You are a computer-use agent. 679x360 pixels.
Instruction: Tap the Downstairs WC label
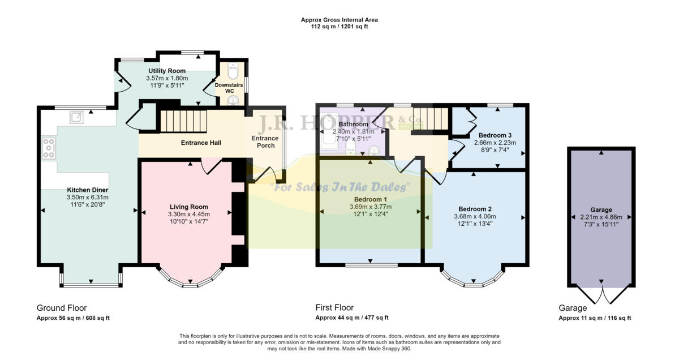click(229, 88)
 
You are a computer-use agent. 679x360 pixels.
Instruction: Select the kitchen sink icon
click(76, 117)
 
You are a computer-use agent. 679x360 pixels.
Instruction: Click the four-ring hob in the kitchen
click(49, 148)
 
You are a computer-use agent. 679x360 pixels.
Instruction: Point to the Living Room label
click(188, 207)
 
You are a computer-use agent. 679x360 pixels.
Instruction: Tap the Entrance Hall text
click(200, 143)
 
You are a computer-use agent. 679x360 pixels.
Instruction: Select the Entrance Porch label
click(265, 142)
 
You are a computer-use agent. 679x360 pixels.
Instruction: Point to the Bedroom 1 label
click(371, 199)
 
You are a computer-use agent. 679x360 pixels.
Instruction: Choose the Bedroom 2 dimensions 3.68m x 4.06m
click(475, 216)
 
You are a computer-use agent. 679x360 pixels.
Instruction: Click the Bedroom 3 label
click(495, 135)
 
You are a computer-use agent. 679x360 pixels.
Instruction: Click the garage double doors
click(602, 294)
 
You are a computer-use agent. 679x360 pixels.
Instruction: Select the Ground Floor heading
click(62, 308)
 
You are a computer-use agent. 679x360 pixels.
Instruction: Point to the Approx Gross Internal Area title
click(339, 20)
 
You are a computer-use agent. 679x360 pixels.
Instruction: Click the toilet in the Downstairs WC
click(233, 71)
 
